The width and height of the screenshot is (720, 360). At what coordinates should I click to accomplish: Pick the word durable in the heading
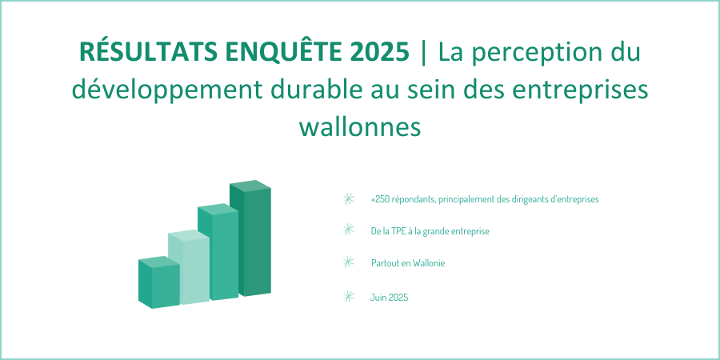316,89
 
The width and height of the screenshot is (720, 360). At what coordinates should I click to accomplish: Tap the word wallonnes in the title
360,126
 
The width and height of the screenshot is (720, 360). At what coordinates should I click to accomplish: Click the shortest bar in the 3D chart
159,282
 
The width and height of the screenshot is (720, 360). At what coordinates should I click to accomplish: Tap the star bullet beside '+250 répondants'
349,199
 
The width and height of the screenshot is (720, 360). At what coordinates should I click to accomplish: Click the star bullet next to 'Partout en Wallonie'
349,262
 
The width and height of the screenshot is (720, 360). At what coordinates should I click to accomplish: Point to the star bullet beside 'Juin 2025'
349,297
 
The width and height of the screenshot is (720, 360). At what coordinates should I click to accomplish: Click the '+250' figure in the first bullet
380,200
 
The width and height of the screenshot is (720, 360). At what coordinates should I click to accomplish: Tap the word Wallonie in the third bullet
429,263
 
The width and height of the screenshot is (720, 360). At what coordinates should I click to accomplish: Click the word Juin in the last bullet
378,298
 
